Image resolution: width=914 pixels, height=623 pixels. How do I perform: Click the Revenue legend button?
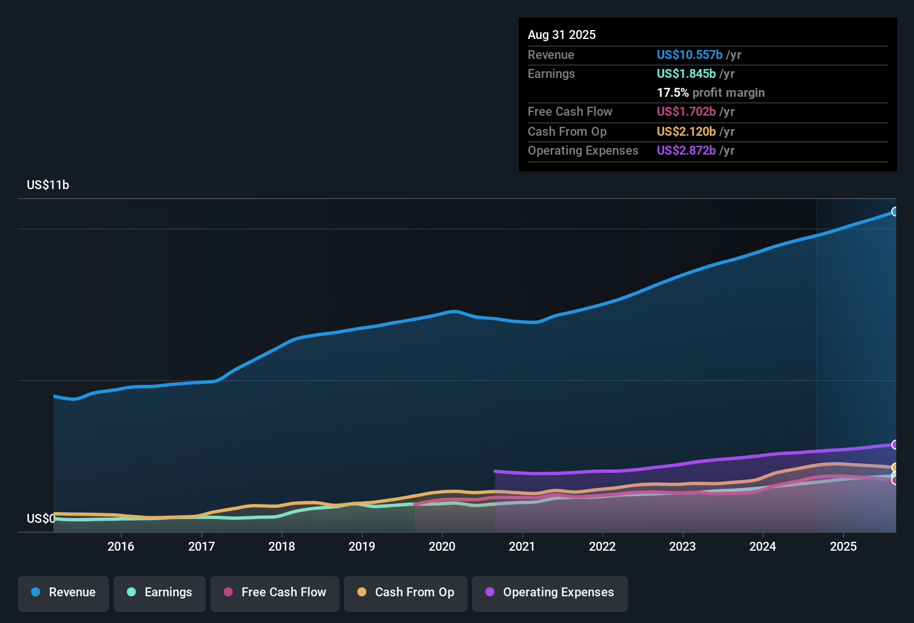click(63, 593)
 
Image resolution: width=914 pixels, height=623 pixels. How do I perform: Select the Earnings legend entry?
click(160, 593)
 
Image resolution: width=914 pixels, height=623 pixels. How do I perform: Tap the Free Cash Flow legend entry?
click(275, 593)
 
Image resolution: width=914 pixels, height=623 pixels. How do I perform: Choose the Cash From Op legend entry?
click(406, 593)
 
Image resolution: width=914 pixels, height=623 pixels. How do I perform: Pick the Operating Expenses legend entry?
click(550, 593)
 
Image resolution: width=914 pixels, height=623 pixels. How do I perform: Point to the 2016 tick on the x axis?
click(121, 547)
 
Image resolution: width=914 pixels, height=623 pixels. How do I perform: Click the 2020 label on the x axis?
click(442, 547)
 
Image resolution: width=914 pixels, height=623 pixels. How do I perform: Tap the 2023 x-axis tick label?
click(682, 547)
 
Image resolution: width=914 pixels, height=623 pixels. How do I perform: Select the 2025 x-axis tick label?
click(843, 547)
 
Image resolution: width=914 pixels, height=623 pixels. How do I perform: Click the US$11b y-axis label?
click(48, 185)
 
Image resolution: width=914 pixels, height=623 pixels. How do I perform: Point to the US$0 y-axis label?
click(41, 519)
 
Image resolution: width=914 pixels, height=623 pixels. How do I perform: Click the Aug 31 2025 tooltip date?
click(562, 35)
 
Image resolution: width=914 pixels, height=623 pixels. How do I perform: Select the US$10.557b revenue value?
click(689, 55)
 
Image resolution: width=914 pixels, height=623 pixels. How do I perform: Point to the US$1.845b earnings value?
click(686, 74)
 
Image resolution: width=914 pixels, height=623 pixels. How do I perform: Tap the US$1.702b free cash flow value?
click(686, 112)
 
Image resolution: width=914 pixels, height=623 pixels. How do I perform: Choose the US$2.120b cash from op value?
click(686, 132)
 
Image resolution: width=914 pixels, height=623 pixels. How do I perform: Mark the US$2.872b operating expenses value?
click(686, 151)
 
